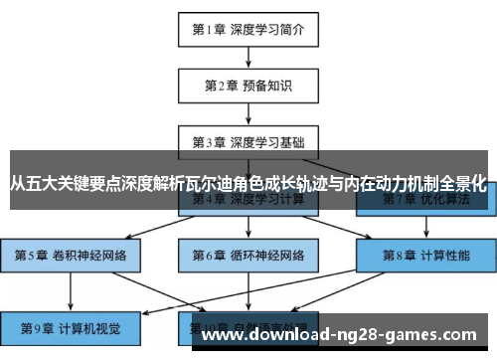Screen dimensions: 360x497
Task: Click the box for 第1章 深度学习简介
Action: pyautogui.click(x=248, y=29)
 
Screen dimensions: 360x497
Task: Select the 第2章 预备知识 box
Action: pyautogui.click(x=248, y=85)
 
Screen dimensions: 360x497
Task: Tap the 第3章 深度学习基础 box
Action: pyautogui.click(x=248, y=141)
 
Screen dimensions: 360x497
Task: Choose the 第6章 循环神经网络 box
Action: pyautogui.click(x=248, y=255)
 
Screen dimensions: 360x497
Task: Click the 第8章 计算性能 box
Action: pyautogui.click(x=426, y=255)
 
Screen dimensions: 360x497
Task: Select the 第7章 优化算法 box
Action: pyautogui.click(x=426, y=199)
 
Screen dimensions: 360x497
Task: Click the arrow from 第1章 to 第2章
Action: pyautogui.click(x=248, y=57)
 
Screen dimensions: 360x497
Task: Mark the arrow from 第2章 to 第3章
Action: pyautogui.click(x=248, y=112)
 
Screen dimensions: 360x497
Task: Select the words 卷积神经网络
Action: pyautogui.click(x=87, y=255)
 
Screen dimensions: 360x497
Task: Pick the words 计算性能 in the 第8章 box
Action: pyautogui.click(x=445, y=255)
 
